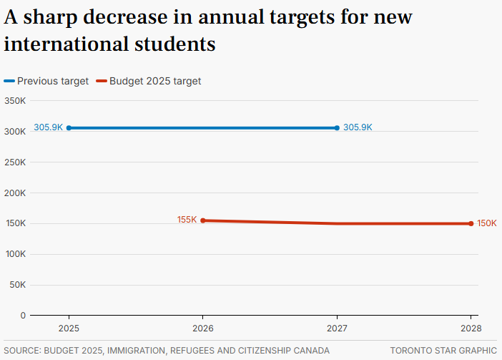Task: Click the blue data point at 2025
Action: click(x=69, y=128)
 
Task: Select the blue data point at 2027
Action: click(x=337, y=128)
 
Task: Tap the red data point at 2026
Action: click(x=203, y=220)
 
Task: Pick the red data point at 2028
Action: click(x=471, y=223)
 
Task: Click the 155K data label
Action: click(x=187, y=220)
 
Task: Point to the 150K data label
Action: click(x=487, y=223)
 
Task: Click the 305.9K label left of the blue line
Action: click(x=48, y=127)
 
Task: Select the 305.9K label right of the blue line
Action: click(x=358, y=127)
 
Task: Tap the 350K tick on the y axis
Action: click(x=15, y=101)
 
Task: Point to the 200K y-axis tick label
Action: click(x=15, y=193)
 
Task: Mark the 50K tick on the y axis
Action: click(x=17, y=285)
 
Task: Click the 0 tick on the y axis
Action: click(x=23, y=315)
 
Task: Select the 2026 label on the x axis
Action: click(x=203, y=328)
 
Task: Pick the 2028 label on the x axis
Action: click(x=471, y=328)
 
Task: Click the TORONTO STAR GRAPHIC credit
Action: click(x=443, y=351)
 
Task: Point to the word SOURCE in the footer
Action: click(x=22, y=351)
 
